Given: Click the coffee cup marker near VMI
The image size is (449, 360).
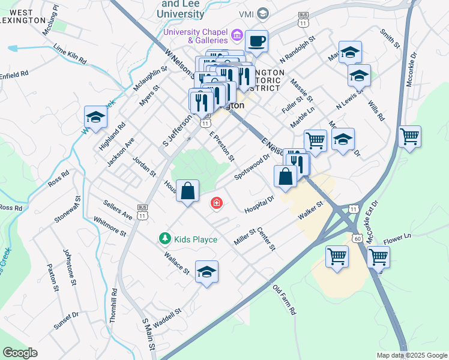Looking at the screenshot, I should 256,41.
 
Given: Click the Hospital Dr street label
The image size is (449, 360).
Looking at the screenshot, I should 259,204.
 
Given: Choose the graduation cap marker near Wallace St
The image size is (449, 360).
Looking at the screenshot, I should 206,272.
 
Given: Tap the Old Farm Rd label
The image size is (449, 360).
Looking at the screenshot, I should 285,300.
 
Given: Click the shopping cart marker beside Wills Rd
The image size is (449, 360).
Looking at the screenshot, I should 409,137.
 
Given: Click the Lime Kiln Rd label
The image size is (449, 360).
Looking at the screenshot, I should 70,53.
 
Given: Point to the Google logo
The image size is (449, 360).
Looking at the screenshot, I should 20,353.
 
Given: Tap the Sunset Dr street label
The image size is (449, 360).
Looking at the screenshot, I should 66,321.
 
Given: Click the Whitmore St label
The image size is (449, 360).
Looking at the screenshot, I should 110,226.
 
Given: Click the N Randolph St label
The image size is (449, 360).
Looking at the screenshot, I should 297,49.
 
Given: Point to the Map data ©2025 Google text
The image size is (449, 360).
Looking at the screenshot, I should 411,355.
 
